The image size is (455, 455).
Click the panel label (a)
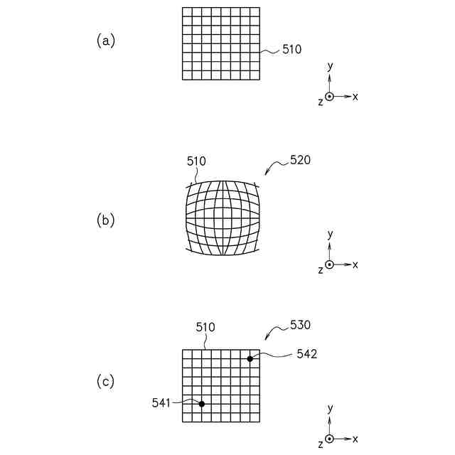pyautogui.click(x=105, y=41)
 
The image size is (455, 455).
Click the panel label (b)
pyautogui.click(x=105, y=220)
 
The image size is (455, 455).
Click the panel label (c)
pyautogui.click(x=105, y=382)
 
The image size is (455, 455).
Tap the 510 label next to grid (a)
pyautogui.click(x=292, y=50)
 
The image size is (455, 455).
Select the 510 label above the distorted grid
pyautogui.click(x=196, y=161)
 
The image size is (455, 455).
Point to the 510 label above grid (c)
pyautogui.click(x=205, y=327)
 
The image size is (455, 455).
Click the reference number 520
pyautogui.click(x=300, y=161)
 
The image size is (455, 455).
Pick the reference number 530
pyautogui.click(x=300, y=325)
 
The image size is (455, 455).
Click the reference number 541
pyautogui.click(x=162, y=402)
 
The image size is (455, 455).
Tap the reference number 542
pyautogui.click(x=307, y=353)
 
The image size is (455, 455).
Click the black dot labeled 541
pyautogui.click(x=202, y=404)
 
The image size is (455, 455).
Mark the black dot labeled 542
pyautogui.click(x=250, y=358)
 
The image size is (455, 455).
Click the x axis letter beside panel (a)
pyautogui.click(x=355, y=96)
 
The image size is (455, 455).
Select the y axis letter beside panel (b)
pyautogui.click(x=330, y=233)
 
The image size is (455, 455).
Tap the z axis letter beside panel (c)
pyautogui.click(x=321, y=443)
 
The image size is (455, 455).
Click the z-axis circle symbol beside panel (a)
pyautogui.click(x=329, y=96)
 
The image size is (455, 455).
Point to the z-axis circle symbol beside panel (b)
pyautogui.click(x=329, y=264)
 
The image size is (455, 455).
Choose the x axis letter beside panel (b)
pyautogui.click(x=355, y=264)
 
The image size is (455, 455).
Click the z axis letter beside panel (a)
pyautogui.click(x=321, y=102)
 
